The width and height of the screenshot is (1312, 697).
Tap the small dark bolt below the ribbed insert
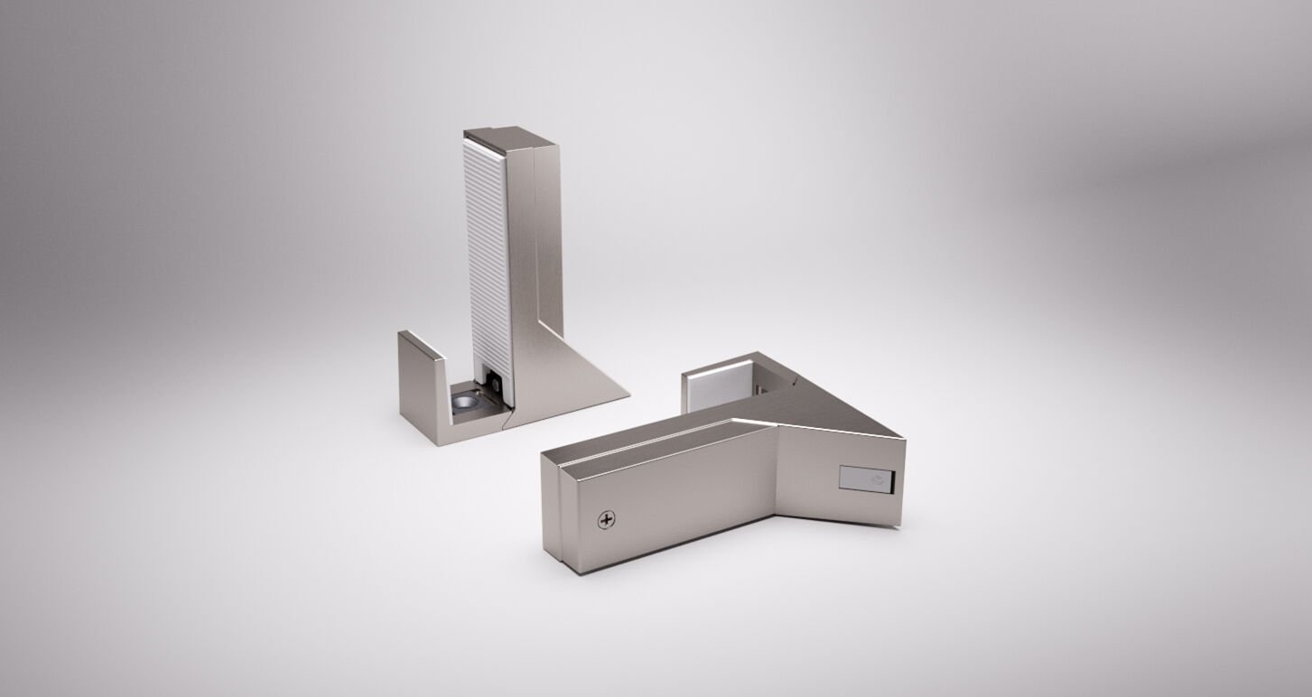tap(496, 383)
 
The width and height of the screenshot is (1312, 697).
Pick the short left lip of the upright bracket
tap(420, 348)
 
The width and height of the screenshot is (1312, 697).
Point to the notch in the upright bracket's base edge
tap(510, 417)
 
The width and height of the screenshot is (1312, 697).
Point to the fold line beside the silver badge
tap(778, 469)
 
